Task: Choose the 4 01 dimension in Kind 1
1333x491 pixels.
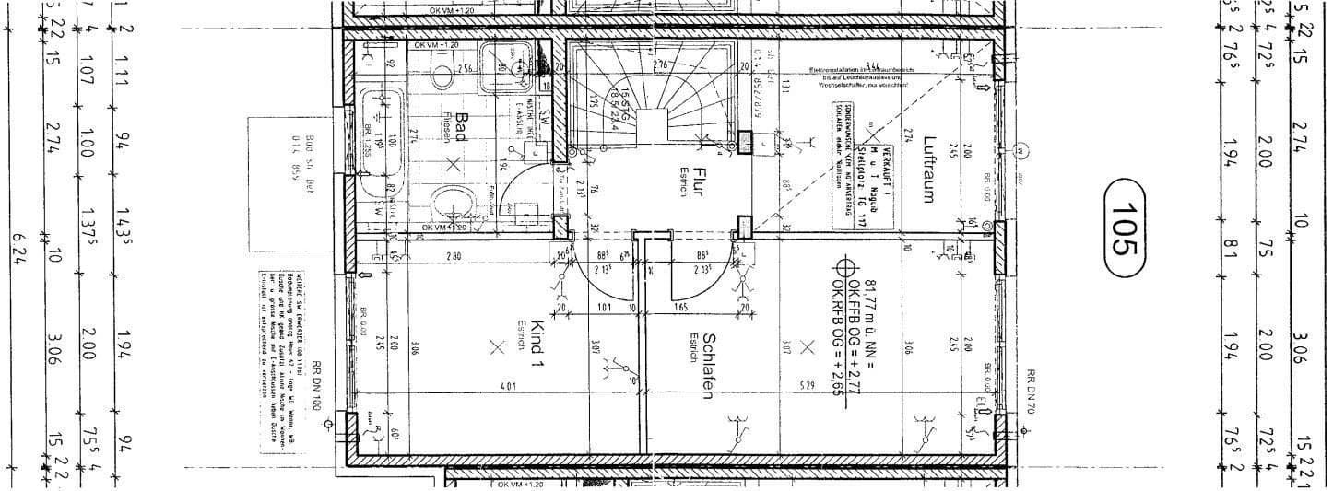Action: tap(508, 384)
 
